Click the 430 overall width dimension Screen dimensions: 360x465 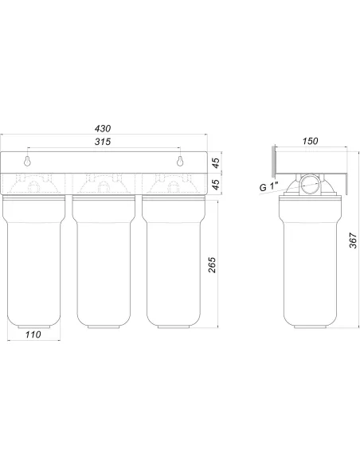[103, 128]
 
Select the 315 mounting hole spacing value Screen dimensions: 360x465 [103, 142]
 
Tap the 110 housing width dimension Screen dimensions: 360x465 [33, 334]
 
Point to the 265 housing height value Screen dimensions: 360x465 [212, 265]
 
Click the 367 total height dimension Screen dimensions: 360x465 [353, 240]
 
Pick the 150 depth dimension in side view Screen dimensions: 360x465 [310, 141]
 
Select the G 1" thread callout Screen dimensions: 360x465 [268, 187]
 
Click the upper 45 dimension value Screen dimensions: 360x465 [216, 162]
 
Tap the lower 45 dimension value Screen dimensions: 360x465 [216, 184]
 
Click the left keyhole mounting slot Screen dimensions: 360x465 [27, 161]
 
